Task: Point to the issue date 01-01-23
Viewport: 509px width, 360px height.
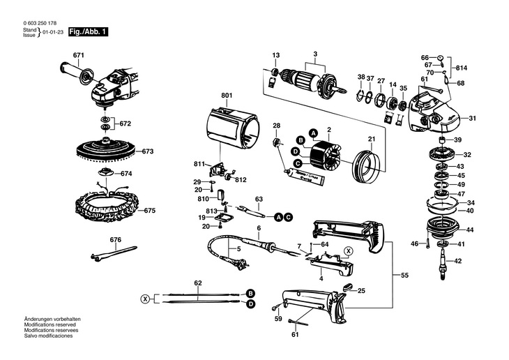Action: [x=53, y=33]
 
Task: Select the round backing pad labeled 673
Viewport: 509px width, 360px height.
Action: [x=105, y=151]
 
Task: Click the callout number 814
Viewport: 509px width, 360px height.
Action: [x=462, y=68]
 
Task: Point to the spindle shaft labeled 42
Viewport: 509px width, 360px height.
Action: [x=442, y=266]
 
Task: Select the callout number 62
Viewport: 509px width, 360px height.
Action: [x=197, y=283]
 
